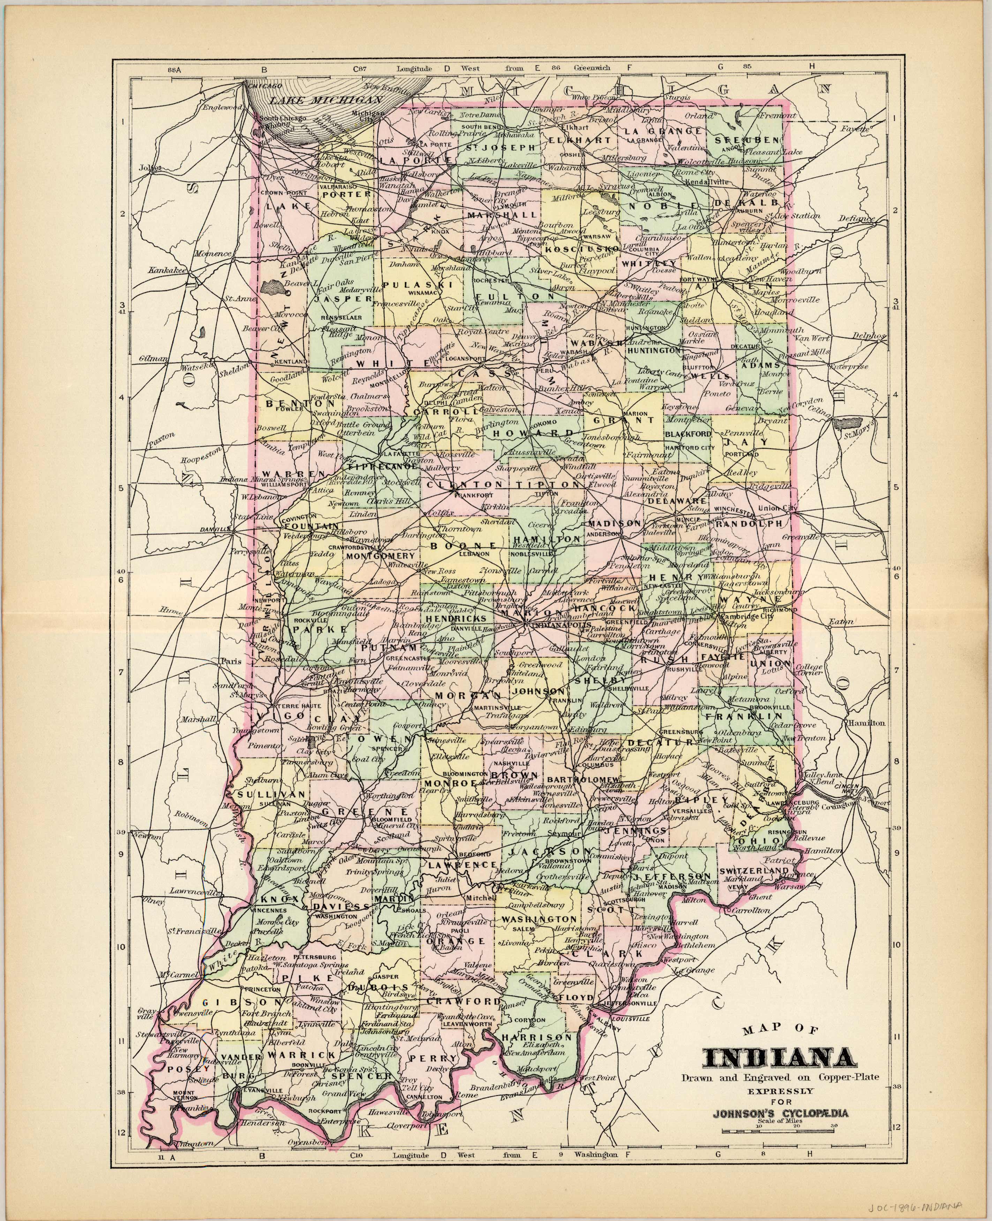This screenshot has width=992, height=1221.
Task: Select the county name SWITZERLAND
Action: pyautogui.click(x=749, y=870)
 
